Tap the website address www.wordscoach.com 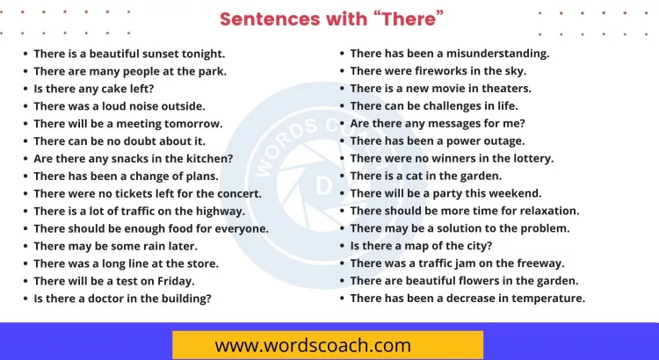[313, 344]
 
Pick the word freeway [540, 263]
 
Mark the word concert [237, 193]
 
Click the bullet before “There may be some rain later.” [25, 246]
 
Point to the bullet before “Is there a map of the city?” [342, 246]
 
